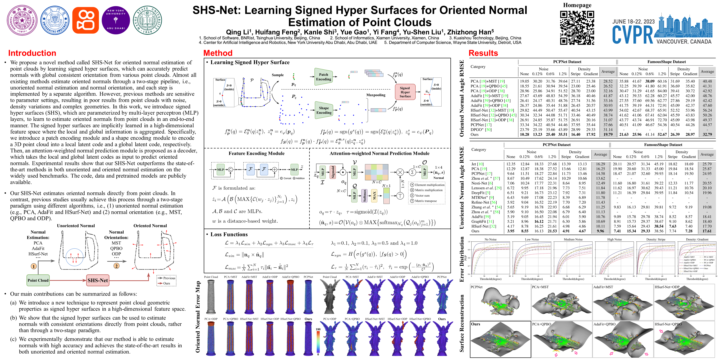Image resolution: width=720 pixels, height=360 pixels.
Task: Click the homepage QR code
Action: (577, 28)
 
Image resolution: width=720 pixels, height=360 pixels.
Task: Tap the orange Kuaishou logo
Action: (85, 20)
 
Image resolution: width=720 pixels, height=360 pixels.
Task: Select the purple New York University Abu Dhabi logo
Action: (116, 20)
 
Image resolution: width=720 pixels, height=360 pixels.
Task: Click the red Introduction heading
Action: (32, 53)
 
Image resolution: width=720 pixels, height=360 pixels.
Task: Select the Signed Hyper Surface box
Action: (405, 92)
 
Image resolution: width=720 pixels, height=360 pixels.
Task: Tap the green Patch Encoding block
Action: (324, 77)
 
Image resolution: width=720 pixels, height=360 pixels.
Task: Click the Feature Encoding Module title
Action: (256, 153)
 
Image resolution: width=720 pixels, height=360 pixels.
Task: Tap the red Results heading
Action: (483, 53)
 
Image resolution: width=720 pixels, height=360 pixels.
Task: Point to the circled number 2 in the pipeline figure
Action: (116, 266)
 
